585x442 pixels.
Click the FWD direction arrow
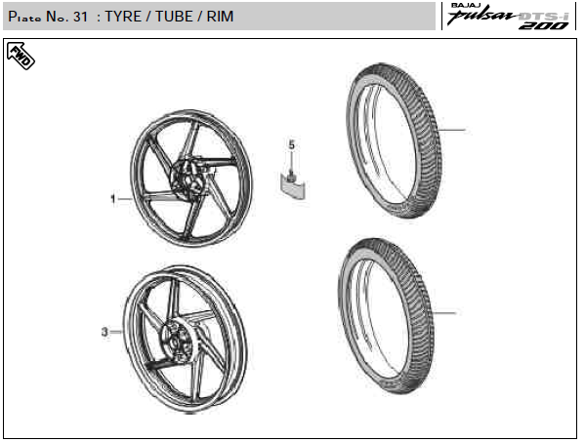point(21,56)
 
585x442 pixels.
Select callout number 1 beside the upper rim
point(113,199)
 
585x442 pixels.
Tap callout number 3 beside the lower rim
point(104,332)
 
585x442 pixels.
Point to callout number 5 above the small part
point(292,145)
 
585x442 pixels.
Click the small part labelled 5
point(293,184)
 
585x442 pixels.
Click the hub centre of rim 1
point(188,179)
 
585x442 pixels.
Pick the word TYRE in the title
point(123,17)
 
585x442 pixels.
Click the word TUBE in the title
point(174,17)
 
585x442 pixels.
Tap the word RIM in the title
point(220,17)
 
